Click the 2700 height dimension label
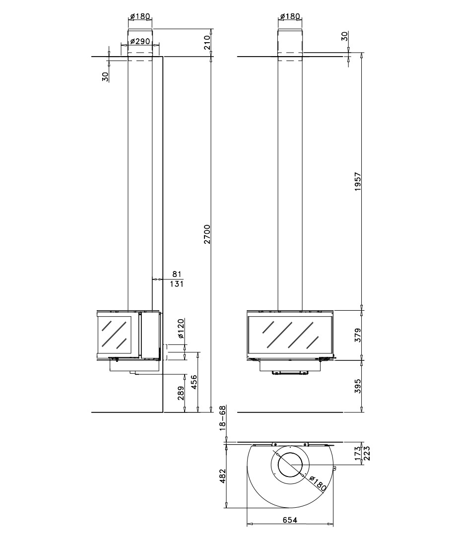(207, 234)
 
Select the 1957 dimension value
(358, 181)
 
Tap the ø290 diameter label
(140, 41)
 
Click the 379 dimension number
(358, 335)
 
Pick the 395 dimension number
(358, 386)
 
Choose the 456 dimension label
(194, 382)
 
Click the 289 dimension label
(181, 393)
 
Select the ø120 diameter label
(181, 329)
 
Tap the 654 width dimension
(290, 520)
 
